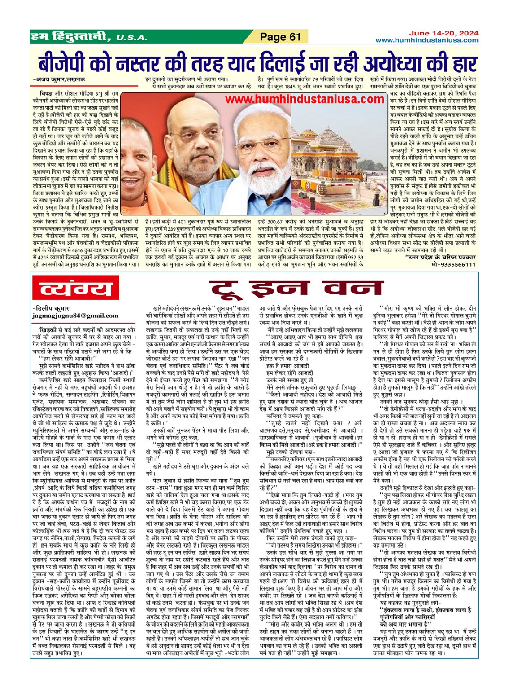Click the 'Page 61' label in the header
click(x=280, y=37)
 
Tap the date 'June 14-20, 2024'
click(x=444, y=33)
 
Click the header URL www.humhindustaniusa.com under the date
click(x=426, y=40)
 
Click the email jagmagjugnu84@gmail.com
click(x=75, y=316)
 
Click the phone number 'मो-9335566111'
click(x=453, y=264)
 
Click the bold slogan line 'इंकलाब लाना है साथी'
click(x=425, y=610)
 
